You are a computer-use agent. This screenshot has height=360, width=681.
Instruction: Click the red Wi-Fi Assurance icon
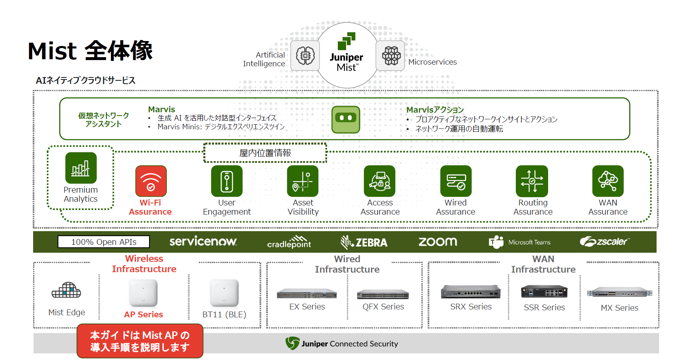151,181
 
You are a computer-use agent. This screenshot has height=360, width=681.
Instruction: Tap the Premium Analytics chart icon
81,168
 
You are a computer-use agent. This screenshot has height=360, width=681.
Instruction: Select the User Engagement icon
226,181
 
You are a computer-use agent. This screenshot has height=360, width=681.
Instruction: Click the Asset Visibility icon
303,181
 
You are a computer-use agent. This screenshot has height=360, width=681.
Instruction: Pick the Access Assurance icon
380,181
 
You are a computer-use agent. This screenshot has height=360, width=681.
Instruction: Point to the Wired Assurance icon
456,181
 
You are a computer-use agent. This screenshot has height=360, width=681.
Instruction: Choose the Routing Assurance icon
532,181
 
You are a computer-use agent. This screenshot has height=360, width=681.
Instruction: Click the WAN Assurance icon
608,181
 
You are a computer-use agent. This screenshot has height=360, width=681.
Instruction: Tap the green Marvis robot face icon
346,120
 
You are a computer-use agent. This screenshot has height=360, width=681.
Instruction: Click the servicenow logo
203,242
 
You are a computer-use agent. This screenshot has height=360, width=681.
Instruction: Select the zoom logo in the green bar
438,242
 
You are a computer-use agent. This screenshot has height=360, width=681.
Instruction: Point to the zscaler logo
604,242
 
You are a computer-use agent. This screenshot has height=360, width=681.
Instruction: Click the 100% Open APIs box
103,242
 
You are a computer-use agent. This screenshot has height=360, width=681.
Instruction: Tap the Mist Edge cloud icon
66,290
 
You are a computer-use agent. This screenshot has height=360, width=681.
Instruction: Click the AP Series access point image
143,293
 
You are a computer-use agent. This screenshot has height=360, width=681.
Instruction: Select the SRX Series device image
471,292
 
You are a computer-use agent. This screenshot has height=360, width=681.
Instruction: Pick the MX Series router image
619,292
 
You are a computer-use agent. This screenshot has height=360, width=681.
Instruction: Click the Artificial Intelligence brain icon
305,56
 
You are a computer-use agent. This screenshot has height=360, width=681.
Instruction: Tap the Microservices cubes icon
390,56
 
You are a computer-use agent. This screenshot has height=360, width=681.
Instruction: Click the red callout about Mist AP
140,341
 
